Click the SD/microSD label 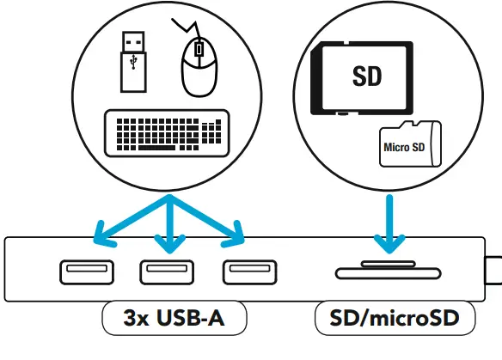tap(395, 320)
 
